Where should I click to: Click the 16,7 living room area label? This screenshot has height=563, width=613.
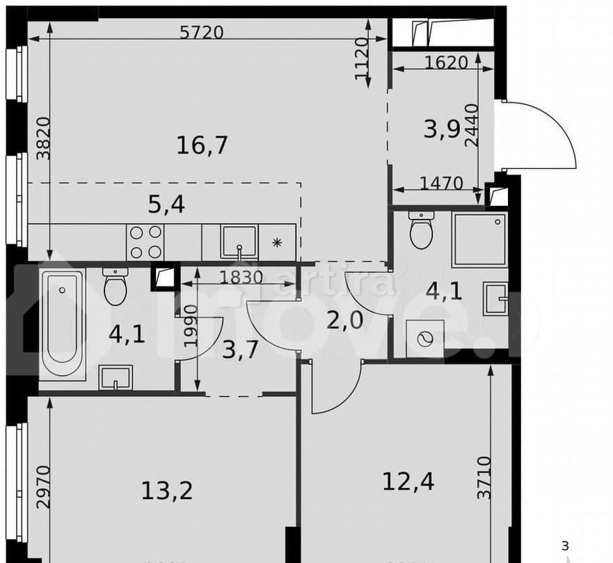tap(202, 146)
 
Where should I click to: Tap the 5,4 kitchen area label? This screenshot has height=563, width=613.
tap(166, 204)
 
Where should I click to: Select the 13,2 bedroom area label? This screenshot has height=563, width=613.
tap(167, 491)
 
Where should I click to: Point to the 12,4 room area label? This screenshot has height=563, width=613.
tap(408, 480)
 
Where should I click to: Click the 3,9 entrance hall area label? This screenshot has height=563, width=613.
tap(442, 129)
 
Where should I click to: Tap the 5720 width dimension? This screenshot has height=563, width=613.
tap(201, 32)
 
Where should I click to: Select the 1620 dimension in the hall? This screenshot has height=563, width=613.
tap(445, 62)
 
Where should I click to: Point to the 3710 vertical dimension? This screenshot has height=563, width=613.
tap(484, 478)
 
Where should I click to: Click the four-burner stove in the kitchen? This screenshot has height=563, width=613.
tap(145, 242)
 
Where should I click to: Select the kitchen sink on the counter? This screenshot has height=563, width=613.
tap(239, 241)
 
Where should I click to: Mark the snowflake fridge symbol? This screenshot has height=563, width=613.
tap(277, 243)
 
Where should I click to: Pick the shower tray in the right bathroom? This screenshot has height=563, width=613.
tap(479, 239)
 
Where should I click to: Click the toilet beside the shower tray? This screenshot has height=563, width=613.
tap(421, 230)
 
